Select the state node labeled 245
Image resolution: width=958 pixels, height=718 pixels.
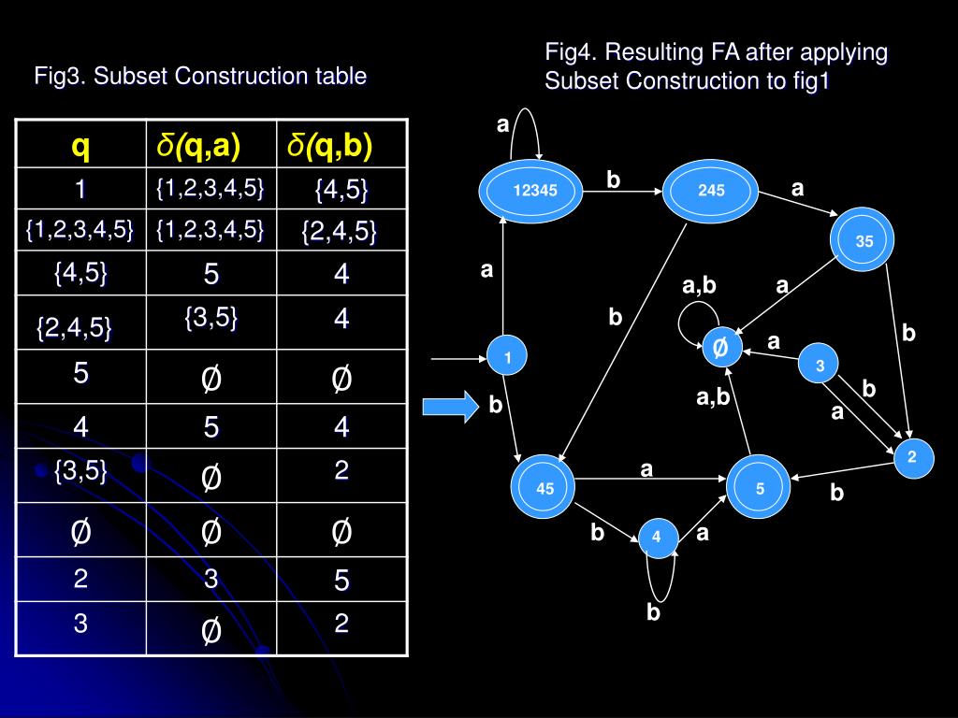(x=711, y=192)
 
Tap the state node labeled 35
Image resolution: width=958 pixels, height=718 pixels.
(x=864, y=241)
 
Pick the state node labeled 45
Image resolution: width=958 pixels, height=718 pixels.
(x=545, y=488)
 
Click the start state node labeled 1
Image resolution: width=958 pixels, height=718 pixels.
(x=507, y=356)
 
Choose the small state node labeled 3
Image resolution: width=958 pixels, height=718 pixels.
(x=820, y=366)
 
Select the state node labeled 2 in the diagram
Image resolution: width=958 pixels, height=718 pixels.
(x=912, y=456)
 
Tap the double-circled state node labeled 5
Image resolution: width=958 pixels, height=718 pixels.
(x=760, y=488)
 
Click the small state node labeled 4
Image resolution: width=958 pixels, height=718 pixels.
(x=657, y=537)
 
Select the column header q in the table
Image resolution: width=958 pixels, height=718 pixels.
(x=81, y=145)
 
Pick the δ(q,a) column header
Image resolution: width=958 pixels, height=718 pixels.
(x=198, y=145)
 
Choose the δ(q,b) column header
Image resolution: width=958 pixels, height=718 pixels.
(x=329, y=145)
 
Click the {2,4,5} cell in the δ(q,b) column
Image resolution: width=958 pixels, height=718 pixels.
(x=339, y=231)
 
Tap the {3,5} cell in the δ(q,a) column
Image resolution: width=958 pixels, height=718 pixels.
(x=210, y=319)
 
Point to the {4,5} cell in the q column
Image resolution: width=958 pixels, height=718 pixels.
(x=81, y=273)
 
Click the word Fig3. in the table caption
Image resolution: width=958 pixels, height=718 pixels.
(x=61, y=76)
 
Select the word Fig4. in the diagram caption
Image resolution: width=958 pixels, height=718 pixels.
(x=572, y=52)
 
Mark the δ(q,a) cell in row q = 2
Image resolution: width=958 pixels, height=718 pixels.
(x=211, y=580)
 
